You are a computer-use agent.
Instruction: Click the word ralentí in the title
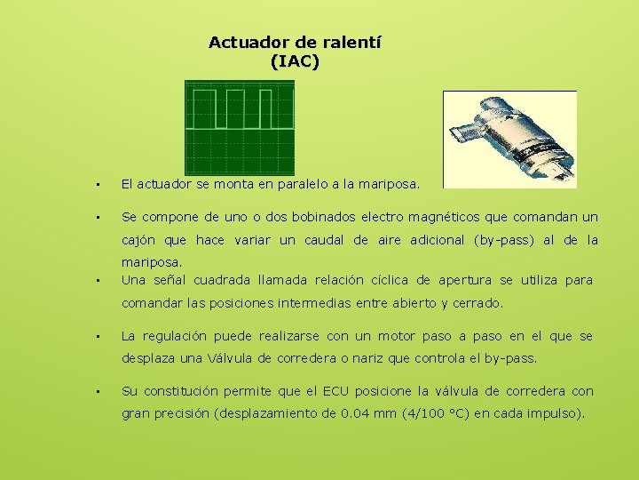click(x=351, y=42)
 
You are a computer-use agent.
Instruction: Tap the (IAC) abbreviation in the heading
click(x=294, y=61)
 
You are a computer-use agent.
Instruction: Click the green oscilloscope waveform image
click(x=239, y=127)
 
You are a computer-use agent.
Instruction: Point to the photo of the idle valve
click(x=509, y=139)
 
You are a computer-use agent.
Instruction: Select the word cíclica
click(x=399, y=280)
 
